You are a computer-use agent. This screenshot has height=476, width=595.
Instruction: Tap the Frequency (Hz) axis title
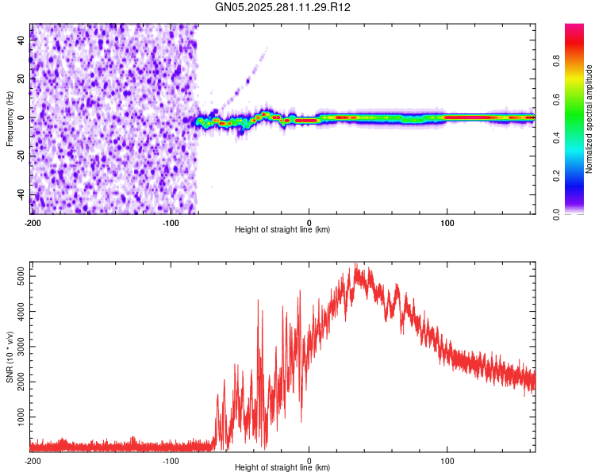(10, 118)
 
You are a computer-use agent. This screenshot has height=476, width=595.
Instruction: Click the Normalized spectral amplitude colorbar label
(589, 119)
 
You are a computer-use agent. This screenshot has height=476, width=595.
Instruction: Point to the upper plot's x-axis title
(282, 229)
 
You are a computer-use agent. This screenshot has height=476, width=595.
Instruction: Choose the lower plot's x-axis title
(282, 467)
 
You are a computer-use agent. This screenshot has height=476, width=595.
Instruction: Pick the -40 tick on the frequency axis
(21, 195)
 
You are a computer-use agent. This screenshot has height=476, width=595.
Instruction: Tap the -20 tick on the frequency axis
(21, 156)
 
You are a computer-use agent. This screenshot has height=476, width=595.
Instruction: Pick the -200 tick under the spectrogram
(32, 221)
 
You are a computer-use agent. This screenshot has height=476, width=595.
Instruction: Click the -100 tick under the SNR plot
(171, 459)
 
